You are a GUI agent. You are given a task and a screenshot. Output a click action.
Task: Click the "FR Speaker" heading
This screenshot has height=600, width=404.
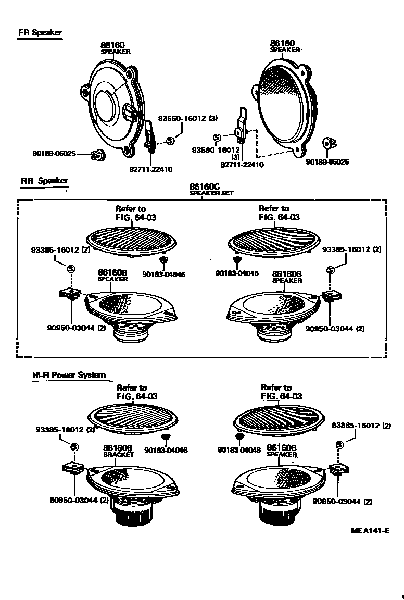point(40,33)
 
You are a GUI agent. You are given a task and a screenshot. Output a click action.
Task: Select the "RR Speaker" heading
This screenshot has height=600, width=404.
point(44,181)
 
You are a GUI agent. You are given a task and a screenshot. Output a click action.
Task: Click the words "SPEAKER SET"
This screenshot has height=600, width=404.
point(211,193)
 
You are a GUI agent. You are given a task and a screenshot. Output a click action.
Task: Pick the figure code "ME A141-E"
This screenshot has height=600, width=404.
point(370,531)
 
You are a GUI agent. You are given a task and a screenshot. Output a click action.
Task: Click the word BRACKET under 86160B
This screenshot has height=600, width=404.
point(118,454)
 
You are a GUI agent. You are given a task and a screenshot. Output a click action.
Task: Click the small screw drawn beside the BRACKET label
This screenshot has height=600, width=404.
point(166,438)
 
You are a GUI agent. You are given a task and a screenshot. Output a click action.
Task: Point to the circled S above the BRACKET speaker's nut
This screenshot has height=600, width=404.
point(74,447)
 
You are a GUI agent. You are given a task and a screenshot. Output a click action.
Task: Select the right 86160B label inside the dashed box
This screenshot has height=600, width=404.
point(287,273)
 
